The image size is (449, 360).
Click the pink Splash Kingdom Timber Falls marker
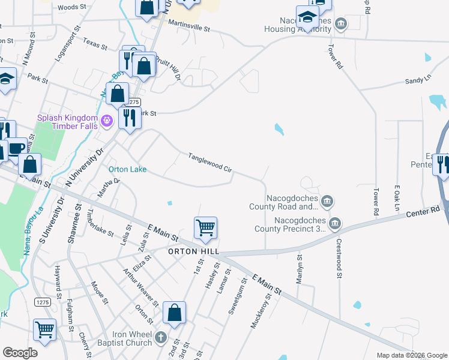[107, 121]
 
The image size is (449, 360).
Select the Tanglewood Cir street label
[209, 162]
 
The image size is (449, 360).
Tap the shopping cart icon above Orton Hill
[205, 228]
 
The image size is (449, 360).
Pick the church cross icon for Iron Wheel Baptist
[160, 337]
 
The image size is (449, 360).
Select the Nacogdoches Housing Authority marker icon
[341, 25]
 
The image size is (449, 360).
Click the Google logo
[20, 353]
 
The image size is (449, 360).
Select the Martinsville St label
[189, 27]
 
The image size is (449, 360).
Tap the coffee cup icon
[16, 148]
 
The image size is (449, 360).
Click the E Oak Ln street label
[397, 198]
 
